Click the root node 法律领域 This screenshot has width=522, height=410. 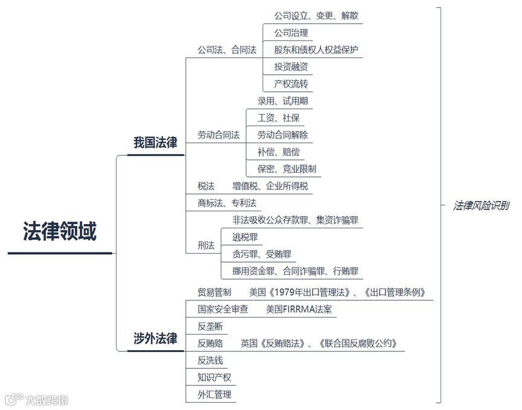[60, 231]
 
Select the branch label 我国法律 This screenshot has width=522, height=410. [155, 143]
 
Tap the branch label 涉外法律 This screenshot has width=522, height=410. [155, 339]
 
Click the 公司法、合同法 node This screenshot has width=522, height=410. [227, 50]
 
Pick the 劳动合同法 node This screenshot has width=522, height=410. [218, 135]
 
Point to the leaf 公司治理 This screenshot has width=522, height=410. [291, 33]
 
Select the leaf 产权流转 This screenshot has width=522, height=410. [291, 83]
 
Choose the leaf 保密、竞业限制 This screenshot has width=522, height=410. [287, 168]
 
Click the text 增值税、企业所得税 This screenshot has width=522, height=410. [270, 186]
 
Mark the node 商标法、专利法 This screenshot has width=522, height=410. [227, 203]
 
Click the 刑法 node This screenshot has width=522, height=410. [206, 245]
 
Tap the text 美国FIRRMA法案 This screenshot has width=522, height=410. [299, 309]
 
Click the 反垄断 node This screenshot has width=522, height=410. [210, 326]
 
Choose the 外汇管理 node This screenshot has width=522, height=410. [214, 395]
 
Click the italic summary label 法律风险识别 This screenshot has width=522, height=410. [481, 205]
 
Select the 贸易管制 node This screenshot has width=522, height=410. [214, 292]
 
